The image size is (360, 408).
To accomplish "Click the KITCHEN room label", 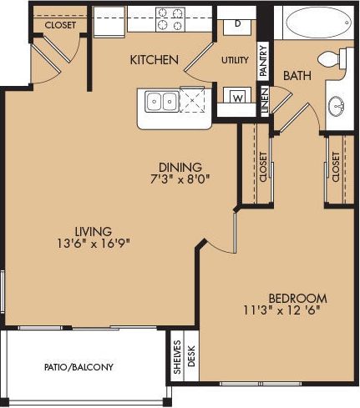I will (x=154, y=60).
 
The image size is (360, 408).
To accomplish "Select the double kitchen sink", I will (x=163, y=103).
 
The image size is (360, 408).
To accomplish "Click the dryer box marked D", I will (x=238, y=23).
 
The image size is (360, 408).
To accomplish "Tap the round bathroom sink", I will (x=338, y=106).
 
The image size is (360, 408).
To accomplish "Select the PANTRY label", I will (x=263, y=60).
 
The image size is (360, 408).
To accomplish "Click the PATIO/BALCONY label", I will (x=79, y=367).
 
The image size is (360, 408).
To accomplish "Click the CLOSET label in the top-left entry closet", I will (x=60, y=25).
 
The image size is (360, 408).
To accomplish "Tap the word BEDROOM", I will (x=297, y=298).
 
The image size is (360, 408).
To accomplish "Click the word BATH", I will (x=297, y=76).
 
